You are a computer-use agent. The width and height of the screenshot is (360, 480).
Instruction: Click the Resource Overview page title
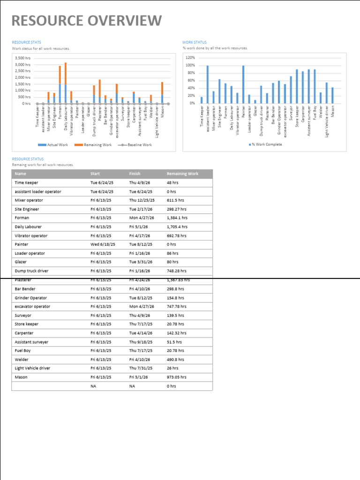coord(87,21)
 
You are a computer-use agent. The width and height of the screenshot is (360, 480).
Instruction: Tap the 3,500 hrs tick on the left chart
coord(22,58)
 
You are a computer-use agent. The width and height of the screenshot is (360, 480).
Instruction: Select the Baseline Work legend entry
coord(137,145)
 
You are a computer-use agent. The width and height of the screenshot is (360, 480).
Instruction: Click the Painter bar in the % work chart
coord(243,84)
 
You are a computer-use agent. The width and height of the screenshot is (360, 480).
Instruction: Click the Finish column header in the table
coord(135,174)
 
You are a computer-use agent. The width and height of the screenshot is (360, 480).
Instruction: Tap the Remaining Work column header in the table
coord(182,174)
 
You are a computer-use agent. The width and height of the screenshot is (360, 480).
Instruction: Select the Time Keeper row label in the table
coord(26,183)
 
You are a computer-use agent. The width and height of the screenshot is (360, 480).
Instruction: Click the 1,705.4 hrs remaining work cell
coord(177,227)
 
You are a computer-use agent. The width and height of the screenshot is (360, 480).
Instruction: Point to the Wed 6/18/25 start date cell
coord(102,244)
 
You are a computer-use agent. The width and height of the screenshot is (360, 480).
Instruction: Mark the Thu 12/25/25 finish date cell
coord(142,200)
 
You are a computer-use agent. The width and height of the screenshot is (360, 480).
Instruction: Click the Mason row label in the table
coord(22,377)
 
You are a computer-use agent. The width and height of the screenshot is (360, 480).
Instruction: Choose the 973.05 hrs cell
coord(176,377)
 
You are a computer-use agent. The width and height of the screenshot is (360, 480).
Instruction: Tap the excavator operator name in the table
coord(32,307)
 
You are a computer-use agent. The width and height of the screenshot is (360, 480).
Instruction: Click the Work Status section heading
coord(194,43)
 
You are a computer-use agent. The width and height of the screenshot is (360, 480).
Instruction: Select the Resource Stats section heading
coord(26,43)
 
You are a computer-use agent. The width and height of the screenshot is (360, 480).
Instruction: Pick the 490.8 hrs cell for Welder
coord(175,360)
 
